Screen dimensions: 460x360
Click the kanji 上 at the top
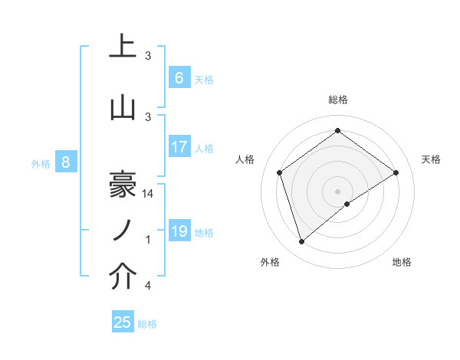pyautogui.click(x=123, y=47)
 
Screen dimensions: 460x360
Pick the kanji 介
pyautogui.click(x=123, y=277)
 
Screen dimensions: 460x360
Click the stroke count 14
pyautogui.click(x=149, y=194)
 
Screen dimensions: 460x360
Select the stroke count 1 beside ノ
pyautogui.click(x=149, y=240)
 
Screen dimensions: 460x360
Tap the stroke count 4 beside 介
pyautogui.click(x=149, y=286)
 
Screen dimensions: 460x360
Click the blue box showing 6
pyautogui.click(x=179, y=77)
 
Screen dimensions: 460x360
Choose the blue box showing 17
pyautogui.click(x=179, y=147)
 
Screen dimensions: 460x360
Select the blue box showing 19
pyautogui.click(x=179, y=231)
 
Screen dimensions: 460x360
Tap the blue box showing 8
pyautogui.click(x=67, y=162)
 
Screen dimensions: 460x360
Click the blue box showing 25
pyautogui.click(x=123, y=322)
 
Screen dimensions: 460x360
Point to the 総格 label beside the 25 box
pyautogui.click(x=148, y=324)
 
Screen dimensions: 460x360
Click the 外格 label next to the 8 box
pyautogui.click(x=41, y=163)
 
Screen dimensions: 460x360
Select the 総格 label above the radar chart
pyautogui.click(x=337, y=100)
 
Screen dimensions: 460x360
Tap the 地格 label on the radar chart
pyautogui.click(x=402, y=262)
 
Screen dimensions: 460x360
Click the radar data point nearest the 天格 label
pyautogui.click(x=396, y=172)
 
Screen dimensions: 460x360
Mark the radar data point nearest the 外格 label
pyautogui.click(x=301, y=242)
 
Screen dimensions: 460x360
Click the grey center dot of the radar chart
pyautogui.click(x=337, y=190)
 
